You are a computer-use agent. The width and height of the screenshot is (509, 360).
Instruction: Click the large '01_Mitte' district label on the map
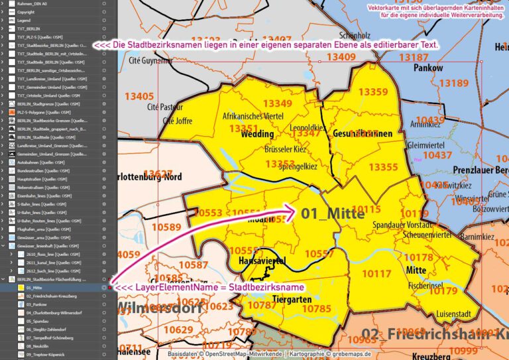tap(333, 213)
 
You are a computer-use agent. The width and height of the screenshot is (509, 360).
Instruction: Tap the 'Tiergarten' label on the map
tap(292, 299)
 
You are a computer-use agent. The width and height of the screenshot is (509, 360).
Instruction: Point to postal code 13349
tap(277, 103)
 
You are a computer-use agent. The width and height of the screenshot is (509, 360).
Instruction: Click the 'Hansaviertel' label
tap(261, 261)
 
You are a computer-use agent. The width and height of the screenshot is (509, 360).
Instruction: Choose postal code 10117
tap(376, 273)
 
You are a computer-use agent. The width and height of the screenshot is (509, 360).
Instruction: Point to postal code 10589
tap(166, 227)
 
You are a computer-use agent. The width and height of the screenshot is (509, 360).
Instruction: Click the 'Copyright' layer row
tap(27, 12)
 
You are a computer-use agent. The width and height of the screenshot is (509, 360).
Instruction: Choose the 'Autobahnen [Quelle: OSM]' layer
tap(40, 161)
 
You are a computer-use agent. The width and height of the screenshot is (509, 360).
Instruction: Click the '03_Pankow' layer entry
tap(36, 304)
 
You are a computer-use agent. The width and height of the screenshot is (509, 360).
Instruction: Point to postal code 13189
tap(455, 83)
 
